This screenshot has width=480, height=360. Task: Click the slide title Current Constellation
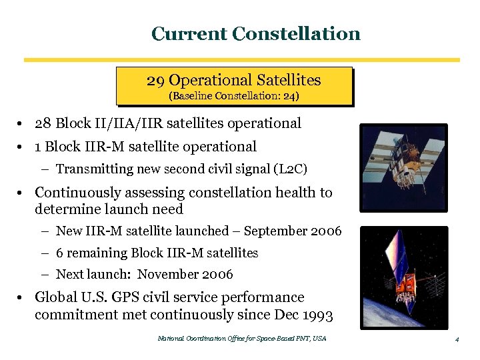pyautogui.click(x=255, y=33)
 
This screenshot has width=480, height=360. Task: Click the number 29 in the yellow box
pyautogui.click(x=155, y=81)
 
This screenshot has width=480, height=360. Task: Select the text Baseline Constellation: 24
pyautogui.click(x=234, y=96)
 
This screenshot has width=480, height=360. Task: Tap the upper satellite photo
pyautogui.click(x=403, y=167)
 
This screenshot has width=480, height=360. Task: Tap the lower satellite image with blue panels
pyautogui.click(x=403, y=277)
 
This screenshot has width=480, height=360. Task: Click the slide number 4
pyautogui.click(x=457, y=339)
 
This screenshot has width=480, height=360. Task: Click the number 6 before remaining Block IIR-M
pyautogui.click(x=60, y=253)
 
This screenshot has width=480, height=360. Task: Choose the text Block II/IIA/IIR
pyautogui.click(x=107, y=123)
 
